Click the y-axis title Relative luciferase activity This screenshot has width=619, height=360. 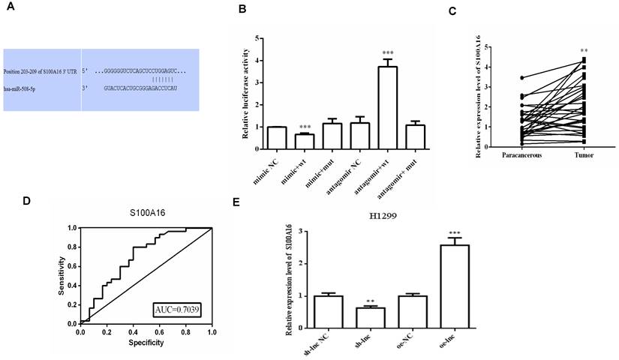pos(245,93)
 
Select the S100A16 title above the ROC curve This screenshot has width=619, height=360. pos(146,215)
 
